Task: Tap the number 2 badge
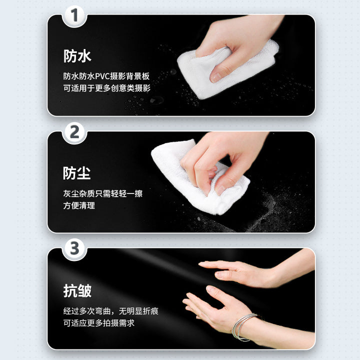74,132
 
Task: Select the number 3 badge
74,248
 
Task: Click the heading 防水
77,56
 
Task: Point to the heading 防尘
77,173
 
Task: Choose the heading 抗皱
77,291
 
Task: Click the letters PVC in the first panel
102,76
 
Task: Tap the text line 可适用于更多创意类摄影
107,88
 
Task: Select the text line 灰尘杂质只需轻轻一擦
103,193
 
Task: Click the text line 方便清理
79,205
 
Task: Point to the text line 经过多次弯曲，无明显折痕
111,311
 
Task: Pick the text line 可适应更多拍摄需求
99,323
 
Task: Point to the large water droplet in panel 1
157,100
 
